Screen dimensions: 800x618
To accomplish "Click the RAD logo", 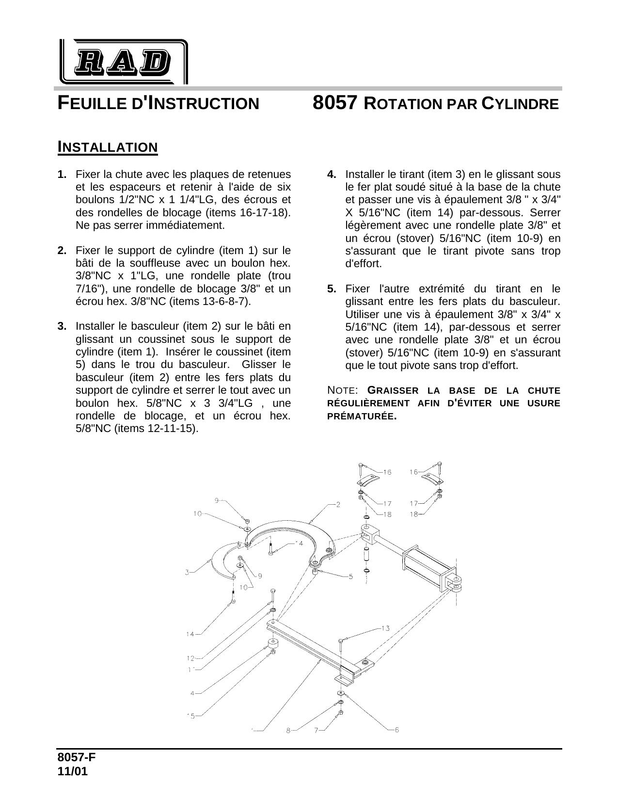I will pyautogui.click(x=123, y=62).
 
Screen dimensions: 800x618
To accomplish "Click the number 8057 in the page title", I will pyautogui.click(x=335, y=103).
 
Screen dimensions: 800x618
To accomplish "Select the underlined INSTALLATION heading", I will pyautogui.click(x=108, y=147).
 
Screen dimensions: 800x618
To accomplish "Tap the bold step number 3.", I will pyautogui.click(x=62, y=326).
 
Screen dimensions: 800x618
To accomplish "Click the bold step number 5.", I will pyautogui.click(x=332, y=289).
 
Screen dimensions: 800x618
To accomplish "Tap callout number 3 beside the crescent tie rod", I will pyautogui.click(x=187, y=573).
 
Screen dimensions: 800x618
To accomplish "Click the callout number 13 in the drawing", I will pyautogui.click(x=385, y=628).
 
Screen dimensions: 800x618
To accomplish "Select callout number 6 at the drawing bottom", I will pyautogui.click(x=396, y=730).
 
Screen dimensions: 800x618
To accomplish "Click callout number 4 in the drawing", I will pyautogui.click(x=192, y=693).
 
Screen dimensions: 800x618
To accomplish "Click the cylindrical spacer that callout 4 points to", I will pyautogui.click(x=273, y=644).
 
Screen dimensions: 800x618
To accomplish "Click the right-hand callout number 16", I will pyautogui.click(x=413, y=472).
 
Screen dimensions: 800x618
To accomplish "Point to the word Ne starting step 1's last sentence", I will pyautogui.click(x=82, y=225).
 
